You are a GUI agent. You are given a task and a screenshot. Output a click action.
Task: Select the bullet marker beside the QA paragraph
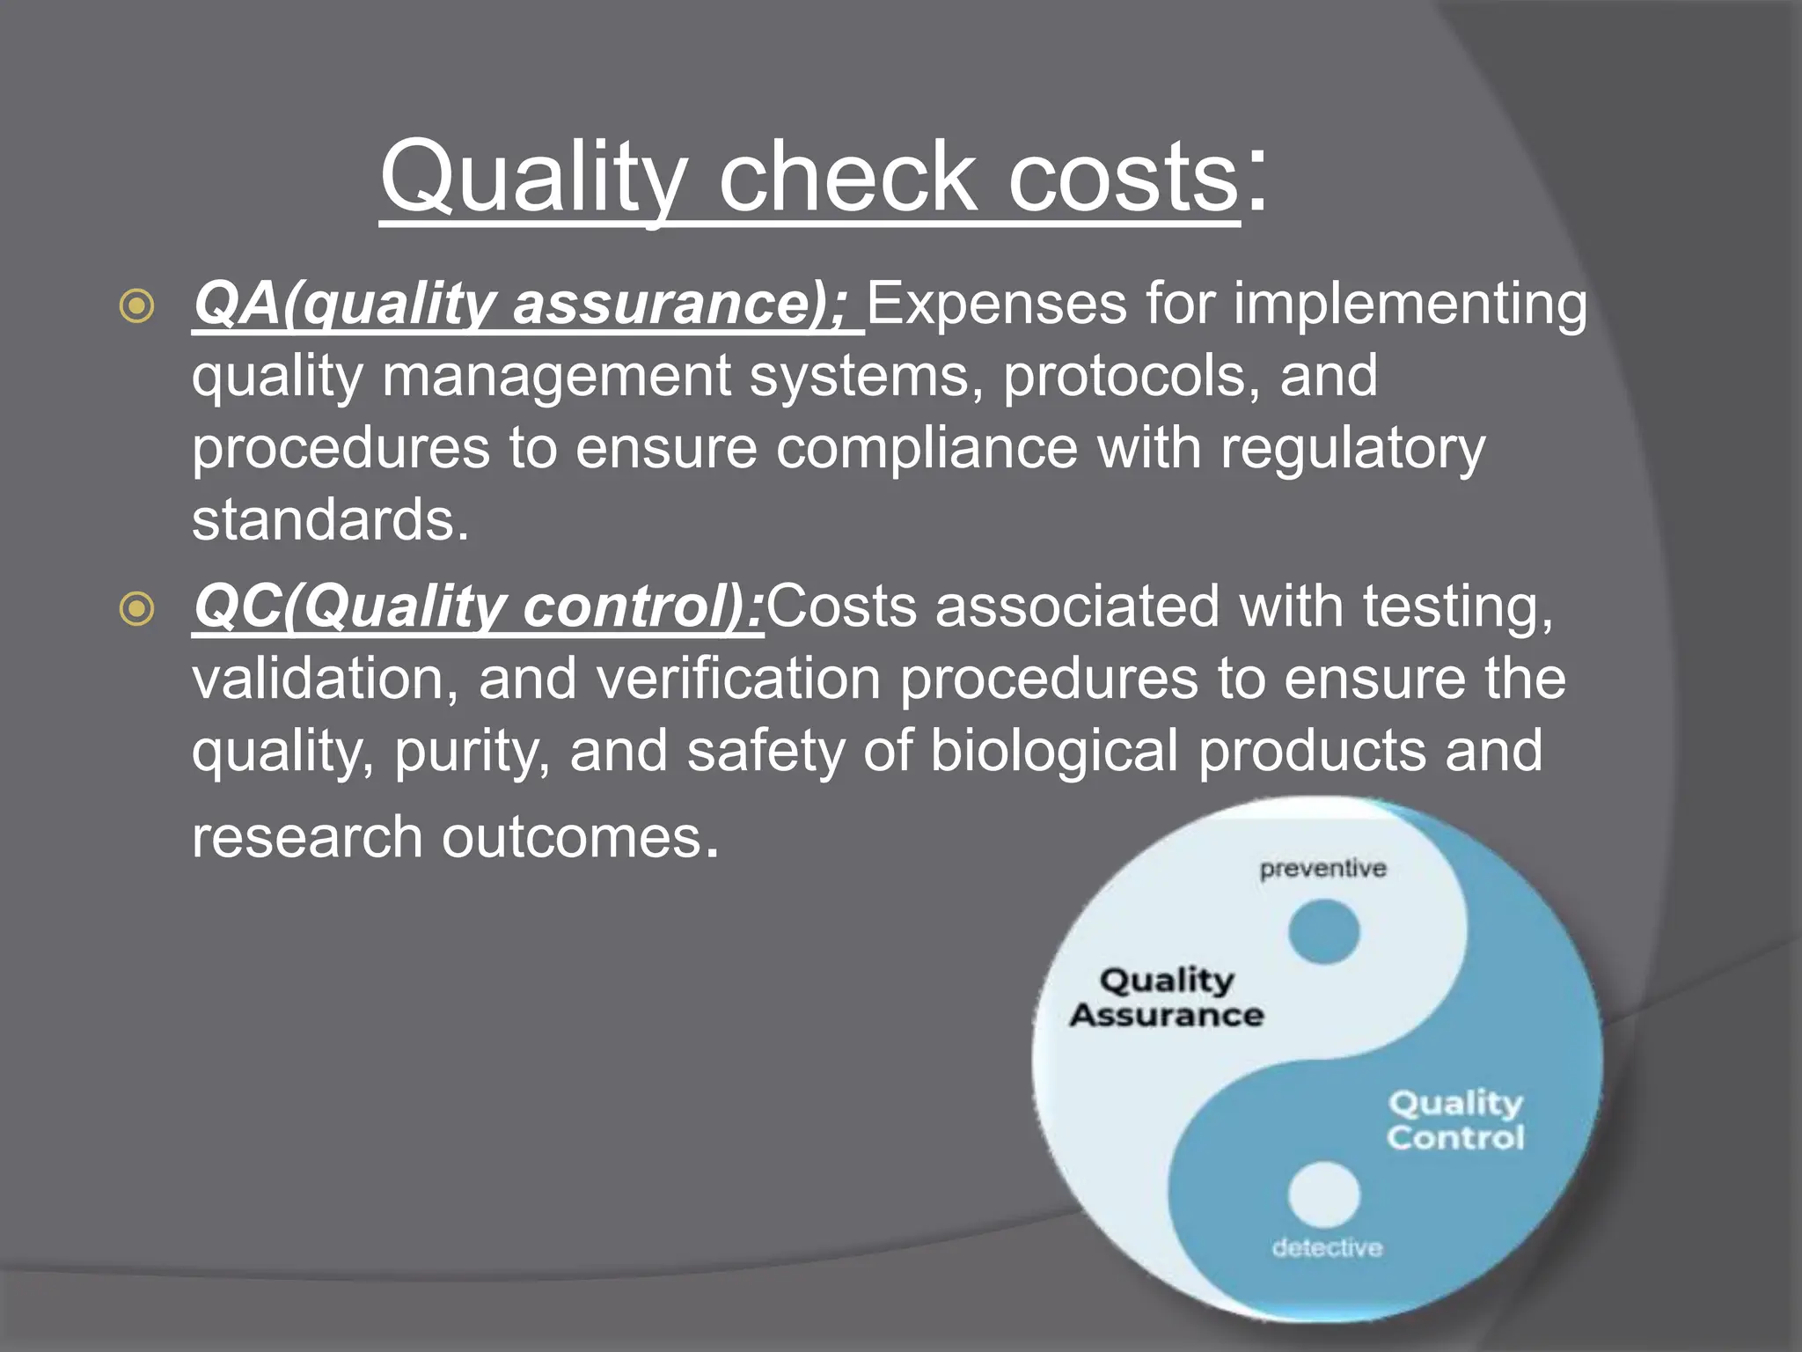click(137, 305)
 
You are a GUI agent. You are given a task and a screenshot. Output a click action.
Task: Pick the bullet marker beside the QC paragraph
click(137, 608)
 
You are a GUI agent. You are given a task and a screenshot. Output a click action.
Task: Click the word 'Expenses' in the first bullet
click(996, 304)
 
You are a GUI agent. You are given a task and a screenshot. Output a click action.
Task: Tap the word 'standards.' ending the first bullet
click(331, 519)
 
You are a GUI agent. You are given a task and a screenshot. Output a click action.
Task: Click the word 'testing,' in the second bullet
click(1458, 606)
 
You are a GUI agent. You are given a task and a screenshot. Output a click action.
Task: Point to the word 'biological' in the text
click(1054, 751)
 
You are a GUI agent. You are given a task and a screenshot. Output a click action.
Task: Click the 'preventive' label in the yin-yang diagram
click(1322, 869)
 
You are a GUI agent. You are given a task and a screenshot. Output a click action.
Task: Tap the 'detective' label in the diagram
click(1327, 1247)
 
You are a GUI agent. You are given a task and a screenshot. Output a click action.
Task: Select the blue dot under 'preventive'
click(1323, 931)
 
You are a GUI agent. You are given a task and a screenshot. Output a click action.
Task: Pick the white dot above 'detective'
click(1323, 1194)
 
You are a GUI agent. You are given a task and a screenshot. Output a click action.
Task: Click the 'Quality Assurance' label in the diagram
click(1168, 997)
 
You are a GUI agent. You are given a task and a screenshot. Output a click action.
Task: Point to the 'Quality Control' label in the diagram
click(1455, 1120)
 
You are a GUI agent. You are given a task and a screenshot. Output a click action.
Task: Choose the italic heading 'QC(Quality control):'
click(478, 606)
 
